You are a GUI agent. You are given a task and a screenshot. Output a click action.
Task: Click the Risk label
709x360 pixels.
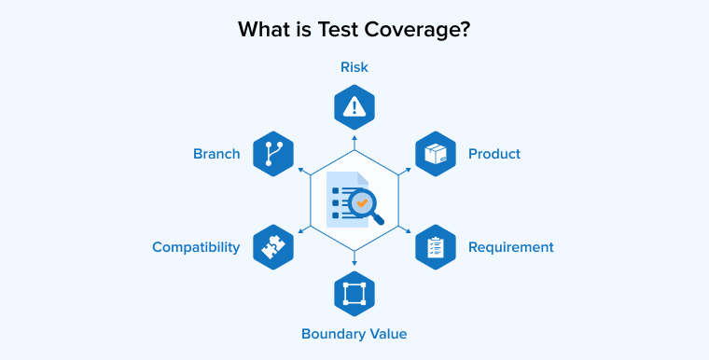(x=354, y=67)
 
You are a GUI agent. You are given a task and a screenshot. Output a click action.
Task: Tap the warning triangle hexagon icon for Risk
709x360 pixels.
(x=354, y=107)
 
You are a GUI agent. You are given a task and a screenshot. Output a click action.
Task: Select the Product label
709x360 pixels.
(x=494, y=154)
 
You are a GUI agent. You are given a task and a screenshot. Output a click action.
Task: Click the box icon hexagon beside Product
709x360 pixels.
(x=435, y=154)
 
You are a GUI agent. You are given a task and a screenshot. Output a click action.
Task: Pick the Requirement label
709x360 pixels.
(x=510, y=247)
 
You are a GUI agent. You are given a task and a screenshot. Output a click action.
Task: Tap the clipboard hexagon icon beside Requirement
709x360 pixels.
(x=435, y=247)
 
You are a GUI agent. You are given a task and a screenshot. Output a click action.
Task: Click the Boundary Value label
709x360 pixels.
(x=354, y=333)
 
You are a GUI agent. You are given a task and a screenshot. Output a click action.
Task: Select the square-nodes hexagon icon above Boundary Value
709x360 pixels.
(x=354, y=294)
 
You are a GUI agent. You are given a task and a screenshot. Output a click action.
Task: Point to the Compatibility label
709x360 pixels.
(x=196, y=247)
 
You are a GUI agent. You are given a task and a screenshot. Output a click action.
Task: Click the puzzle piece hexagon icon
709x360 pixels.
(x=273, y=247)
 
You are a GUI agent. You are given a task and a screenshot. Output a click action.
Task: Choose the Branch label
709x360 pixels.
(x=216, y=154)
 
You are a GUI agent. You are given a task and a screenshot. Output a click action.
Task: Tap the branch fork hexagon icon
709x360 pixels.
(x=273, y=154)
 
